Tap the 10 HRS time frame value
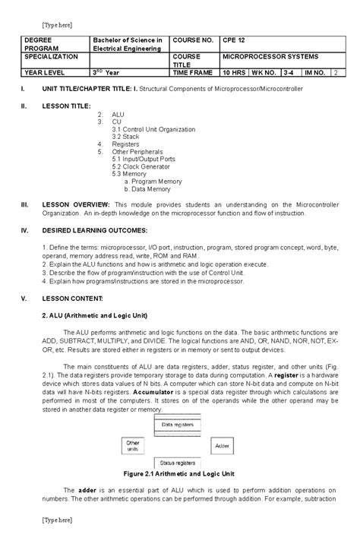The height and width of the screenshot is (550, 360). click(x=233, y=72)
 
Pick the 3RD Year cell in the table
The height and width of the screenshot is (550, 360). click(x=106, y=72)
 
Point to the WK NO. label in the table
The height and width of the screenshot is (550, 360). click(x=264, y=72)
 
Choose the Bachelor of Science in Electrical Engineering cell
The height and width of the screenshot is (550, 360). click(x=128, y=43)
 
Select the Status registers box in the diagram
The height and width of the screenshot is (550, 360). click(x=178, y=462)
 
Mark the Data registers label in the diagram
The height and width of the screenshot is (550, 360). click(x=178, y=425)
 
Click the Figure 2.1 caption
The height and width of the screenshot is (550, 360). click(x=179, y=473)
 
